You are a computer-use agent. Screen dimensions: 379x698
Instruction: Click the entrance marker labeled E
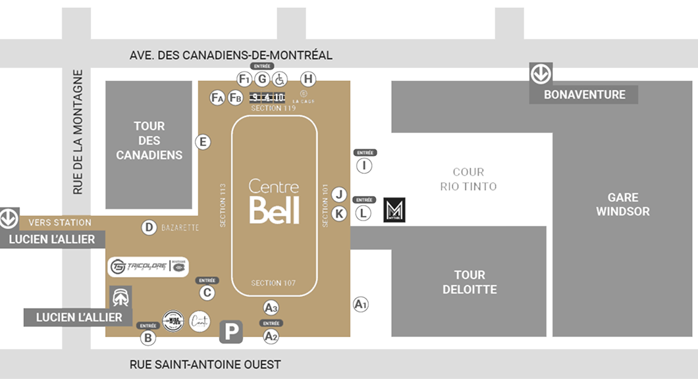[x=203, y=141]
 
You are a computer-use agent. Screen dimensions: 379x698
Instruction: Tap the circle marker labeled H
[x=308, y=79]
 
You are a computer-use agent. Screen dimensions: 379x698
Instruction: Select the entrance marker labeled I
[x=363, y=166]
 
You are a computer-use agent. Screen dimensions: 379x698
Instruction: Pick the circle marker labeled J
[x=339, y=195]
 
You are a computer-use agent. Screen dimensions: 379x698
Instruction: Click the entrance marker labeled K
[x=339, y=214]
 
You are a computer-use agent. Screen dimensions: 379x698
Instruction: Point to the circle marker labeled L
[x=363, y=213]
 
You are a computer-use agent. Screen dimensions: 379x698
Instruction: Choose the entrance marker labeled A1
[x=360, y=304]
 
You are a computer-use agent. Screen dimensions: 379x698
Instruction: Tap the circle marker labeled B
[x=148, y=338]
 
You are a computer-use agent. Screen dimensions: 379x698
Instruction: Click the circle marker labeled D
[x=149, y=228]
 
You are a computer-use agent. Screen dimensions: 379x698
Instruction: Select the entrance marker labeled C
[x=207, y=293]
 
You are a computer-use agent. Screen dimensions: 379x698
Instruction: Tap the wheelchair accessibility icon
[x=279, y=80]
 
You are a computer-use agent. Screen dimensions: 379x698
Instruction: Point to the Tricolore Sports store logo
[x=148, y=266]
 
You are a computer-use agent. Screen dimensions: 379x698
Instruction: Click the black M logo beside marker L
[x=394, y=211]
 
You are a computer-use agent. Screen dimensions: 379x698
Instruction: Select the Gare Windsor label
[x=623, y=205]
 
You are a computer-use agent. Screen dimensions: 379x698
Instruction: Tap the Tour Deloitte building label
[x=470, y=282]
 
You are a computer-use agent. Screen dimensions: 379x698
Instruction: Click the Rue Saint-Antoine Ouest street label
[x=205, y=365]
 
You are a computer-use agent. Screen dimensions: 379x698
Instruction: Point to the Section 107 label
[x=273, y=284]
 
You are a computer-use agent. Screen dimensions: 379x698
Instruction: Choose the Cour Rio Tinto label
[x=468, y=180]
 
